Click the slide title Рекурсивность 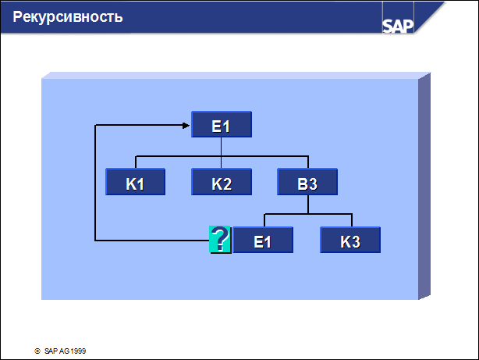pyautogui.click(x=68, y=17)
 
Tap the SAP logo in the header pyautogui.click(x=398, y=26)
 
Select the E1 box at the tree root pyautogui.click(x=222, y=124)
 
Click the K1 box pyautogui.click(x=135, y=182)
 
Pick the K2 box pyautogui.click(x=222, y=182)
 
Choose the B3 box pyautogui.click(x=307, y=182)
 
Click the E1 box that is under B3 pyautogui.click(x=263, y=240)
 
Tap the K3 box pyautogui.click(x=350, y=240)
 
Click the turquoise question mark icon pyautogui.click(x=220, y=239)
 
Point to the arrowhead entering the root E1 pyautogui.click(x=186, y=126)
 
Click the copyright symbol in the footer pyautogui.click(x=37, y=351)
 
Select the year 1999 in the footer pyautogui.click(x=78, y=351)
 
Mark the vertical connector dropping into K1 pyautogui.click(x=136, y=162)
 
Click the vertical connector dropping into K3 pyautogui.click(x=352, y=220)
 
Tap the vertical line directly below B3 pyautogui.click(x=308, y=205)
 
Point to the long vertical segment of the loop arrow pyautogui.click(x=95, y=183)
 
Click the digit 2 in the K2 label pyautogui.click(x=227, y=184)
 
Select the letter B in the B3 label pyautogui.click(x=303, y=184)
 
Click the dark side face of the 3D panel pyautogui.click(x=424, y=186)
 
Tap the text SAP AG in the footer pyautogui.click(x=57, y=351)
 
